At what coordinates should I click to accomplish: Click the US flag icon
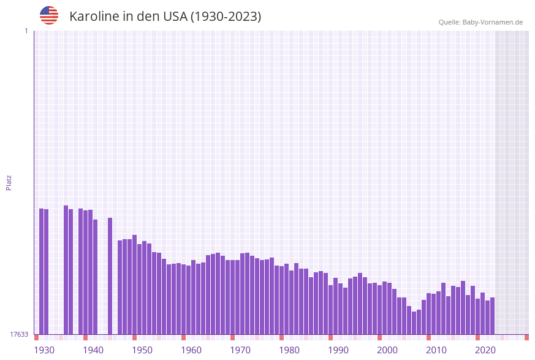coord(49,15)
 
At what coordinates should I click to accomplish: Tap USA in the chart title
coord(175,17)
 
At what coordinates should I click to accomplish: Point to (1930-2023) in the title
coord(226,17)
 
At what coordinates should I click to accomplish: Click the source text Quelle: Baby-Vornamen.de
coord(480,22)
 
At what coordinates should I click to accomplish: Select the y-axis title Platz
coord(9,182)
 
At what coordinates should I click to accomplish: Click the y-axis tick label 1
coord(26,31)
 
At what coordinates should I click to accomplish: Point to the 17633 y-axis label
coord(19,334)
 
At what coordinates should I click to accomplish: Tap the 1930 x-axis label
coord(44,350)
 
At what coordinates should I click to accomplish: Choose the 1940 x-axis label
coord(93,350)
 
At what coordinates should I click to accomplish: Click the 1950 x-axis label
coord(142,350)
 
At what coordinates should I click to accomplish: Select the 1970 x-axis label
coord(240,350)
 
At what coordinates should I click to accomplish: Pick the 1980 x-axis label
coord(289,350)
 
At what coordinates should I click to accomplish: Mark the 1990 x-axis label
coord(338,350)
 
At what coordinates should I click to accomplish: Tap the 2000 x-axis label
coord(387,350)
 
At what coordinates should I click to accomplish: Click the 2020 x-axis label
coord(485,350)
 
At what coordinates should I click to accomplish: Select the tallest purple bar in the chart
coord(66,270)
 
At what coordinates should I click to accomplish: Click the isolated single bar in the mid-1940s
coord(110,276)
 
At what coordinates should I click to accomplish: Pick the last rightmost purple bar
coord(492,316)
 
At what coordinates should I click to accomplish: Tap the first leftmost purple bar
coord(41,271)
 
